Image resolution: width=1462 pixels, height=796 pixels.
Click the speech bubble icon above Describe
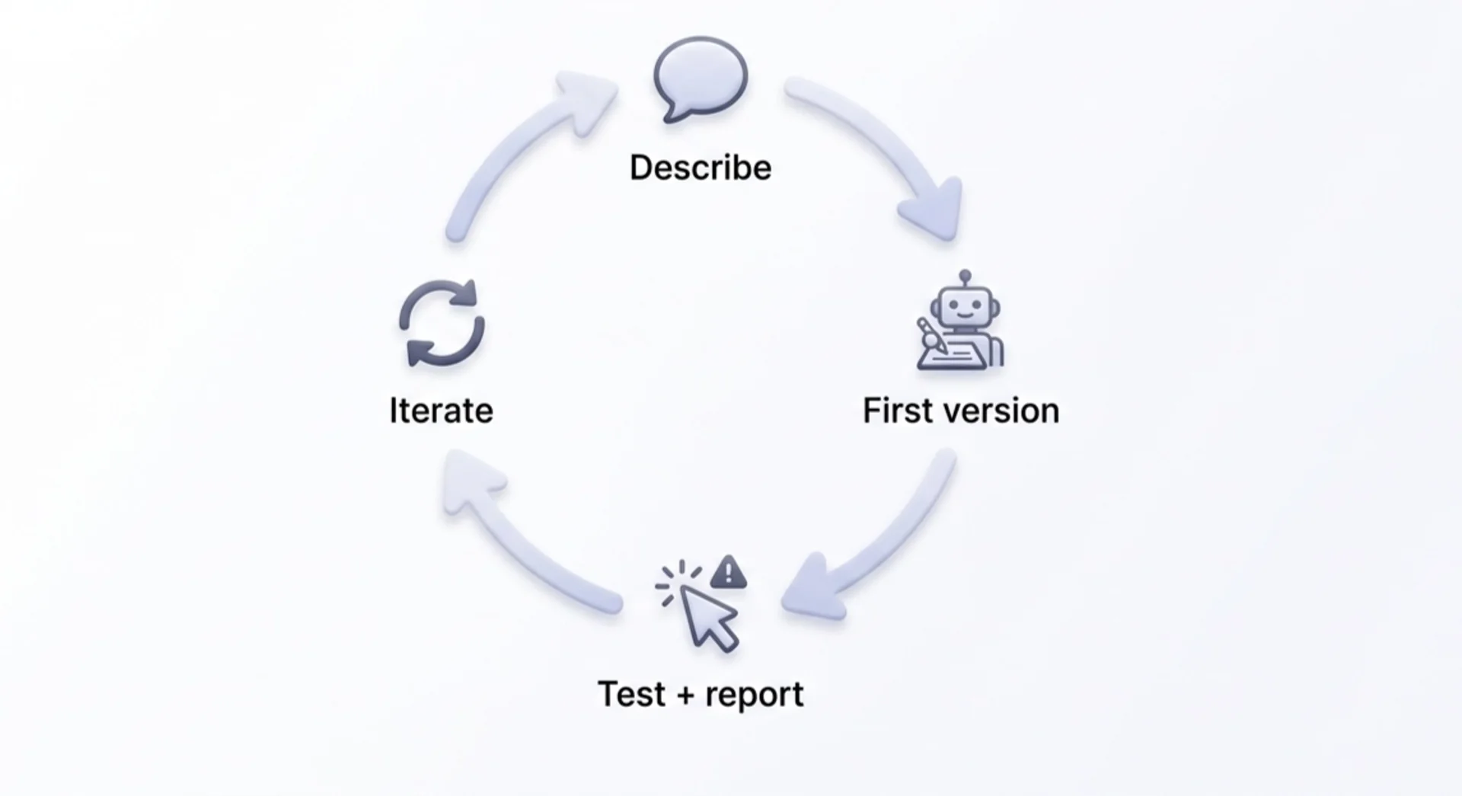[701, 76]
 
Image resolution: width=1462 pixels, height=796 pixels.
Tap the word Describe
[701, 168]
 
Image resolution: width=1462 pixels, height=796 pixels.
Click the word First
[896, 411]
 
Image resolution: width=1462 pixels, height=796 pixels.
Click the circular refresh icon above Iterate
[442, 323]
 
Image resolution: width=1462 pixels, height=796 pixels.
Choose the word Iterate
[441, 411]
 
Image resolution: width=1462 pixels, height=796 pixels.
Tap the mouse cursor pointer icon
[708, 617]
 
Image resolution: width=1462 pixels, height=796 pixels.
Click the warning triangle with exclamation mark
[729, 573]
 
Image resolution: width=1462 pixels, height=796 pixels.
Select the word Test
[631, 694]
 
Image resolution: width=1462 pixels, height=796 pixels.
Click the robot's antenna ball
[966, 276]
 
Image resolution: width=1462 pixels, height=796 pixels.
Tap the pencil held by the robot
[931, 335]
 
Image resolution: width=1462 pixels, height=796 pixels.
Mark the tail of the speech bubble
[672, 115]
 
